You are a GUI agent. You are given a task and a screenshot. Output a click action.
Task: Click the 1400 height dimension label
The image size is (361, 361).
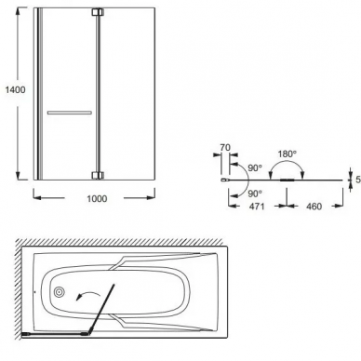15,90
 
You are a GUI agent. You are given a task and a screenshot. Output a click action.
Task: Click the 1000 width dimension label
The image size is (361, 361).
97,199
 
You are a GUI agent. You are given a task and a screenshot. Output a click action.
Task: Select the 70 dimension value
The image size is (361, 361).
225,148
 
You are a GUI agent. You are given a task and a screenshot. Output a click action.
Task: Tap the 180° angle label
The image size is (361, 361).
287,154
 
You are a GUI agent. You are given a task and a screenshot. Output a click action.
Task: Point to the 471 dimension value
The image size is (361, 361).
257,207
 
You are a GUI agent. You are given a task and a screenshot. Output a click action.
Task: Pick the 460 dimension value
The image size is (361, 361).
314,207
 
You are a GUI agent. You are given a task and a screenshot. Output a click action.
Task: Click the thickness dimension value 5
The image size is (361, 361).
358,180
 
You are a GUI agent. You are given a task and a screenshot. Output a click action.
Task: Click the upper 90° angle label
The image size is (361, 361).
255,167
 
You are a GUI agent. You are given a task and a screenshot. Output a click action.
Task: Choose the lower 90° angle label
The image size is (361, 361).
255,194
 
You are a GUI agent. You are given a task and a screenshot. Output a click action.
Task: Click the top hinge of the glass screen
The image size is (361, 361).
98,12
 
